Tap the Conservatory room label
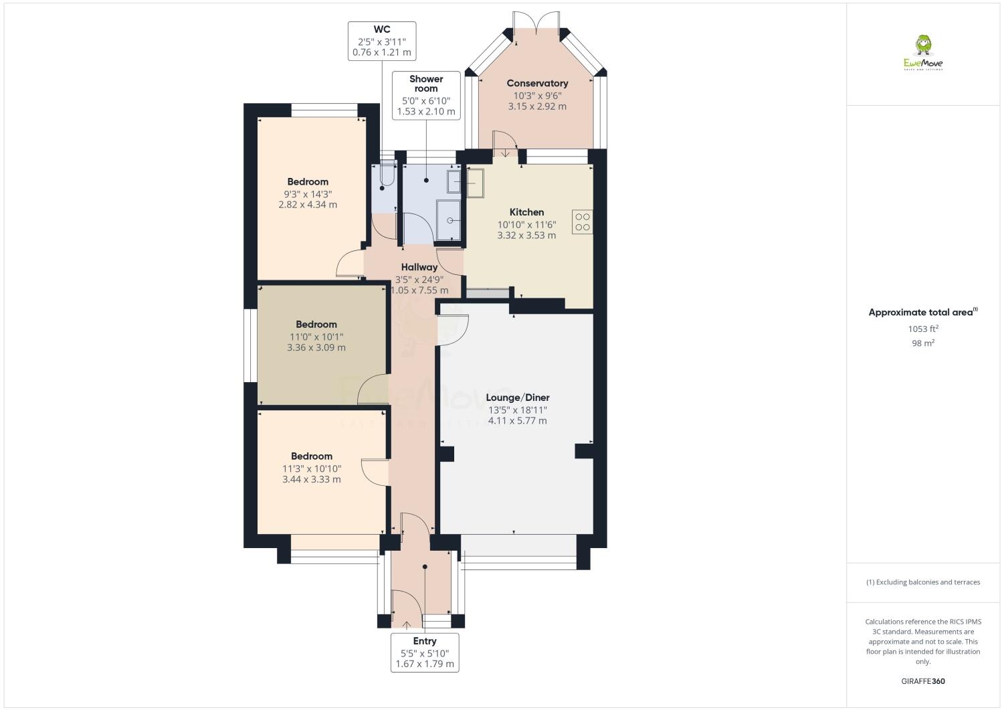pyautogui.click(x=537, y=84)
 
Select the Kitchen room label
pyautogui.click(x=526, y=212)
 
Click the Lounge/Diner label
pyautogui.click(x=517, y=397)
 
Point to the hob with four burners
pyautogui.click(x=582, y=221)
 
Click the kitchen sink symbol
pyautogui.click(x=474, y=183)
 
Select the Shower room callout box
pyautogui.click(x=426, y=95)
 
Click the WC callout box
pyautogui.click(x=382, y=41)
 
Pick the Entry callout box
pyautogui.click(x=425, y=652)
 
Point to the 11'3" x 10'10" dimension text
pyautogui.click(x=312, y=468)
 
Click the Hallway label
pyautogui.click(x=419, y=267)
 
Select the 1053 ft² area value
pyautogui.click(x=922, y=329)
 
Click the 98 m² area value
pyautogui.click(x=922, y=343)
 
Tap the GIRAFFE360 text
pyautogui.click(x=923, y=681)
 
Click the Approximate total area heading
pyautogui.click(x=922, y=312)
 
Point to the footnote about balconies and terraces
pyautogui.click(x=923, y=582)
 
